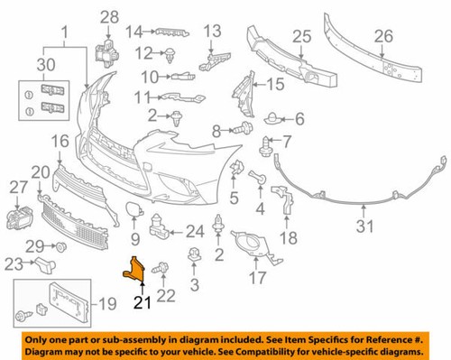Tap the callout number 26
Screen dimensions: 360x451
click(384, 38)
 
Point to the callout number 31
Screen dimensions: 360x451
click(365, 226)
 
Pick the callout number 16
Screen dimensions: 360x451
click(60, 141)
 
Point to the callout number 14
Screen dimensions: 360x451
click(134, 32)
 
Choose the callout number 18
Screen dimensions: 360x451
click(288, 238)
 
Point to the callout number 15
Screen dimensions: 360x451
click(274, 84)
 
